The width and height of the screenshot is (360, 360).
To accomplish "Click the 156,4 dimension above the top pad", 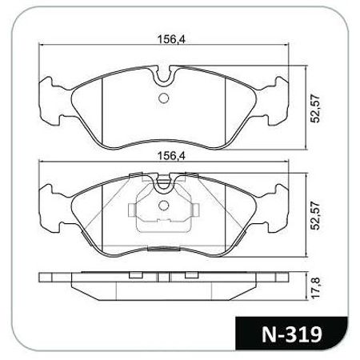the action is pos(171,39).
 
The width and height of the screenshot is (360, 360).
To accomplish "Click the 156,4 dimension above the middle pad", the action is pos(171,156).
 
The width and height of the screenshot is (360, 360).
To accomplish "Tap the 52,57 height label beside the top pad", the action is pos(315,108).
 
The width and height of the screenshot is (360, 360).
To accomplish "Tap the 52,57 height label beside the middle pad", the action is pos(315,215).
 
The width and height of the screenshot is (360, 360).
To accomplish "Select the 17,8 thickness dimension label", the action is pos(315,288).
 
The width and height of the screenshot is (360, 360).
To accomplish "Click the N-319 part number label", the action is pos(292,334).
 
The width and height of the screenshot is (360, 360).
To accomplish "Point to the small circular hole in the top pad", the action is pos(164,98).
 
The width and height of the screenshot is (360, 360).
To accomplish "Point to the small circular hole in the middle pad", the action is pos(164,206).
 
